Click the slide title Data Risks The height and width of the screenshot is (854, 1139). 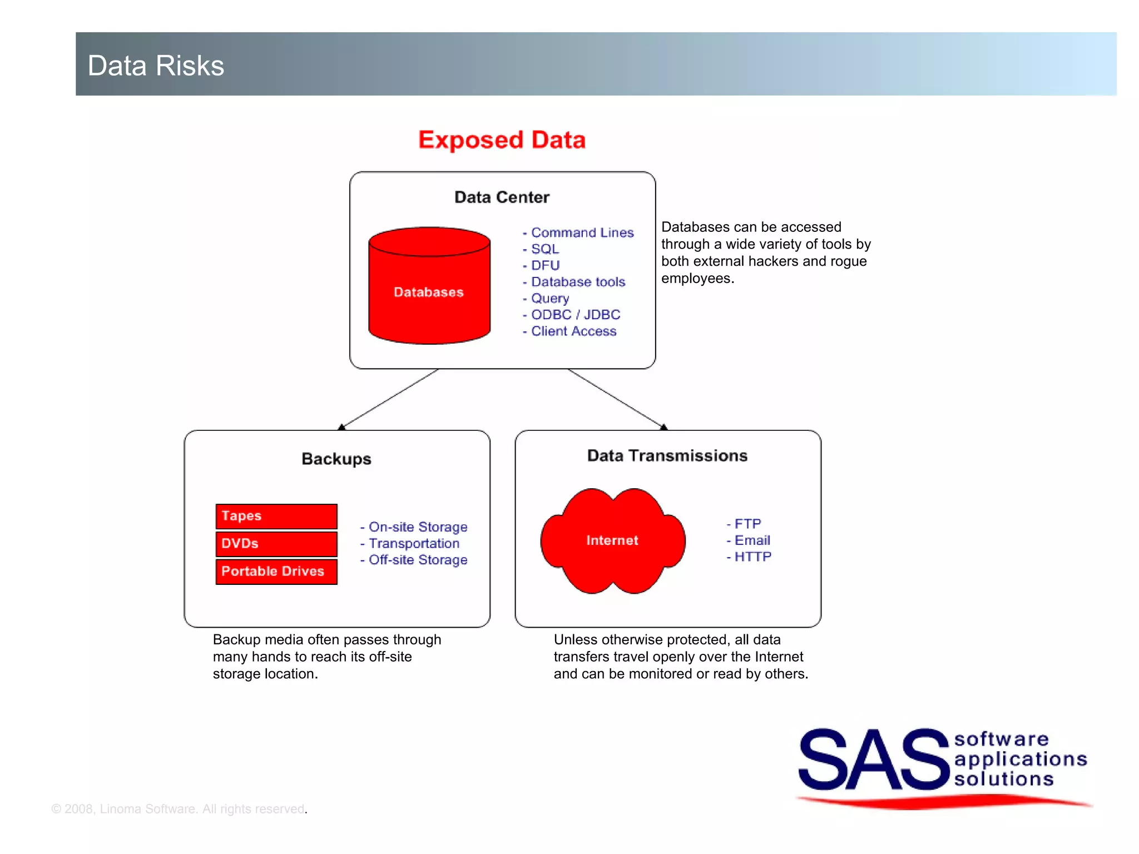156,66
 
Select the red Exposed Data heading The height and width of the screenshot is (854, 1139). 502,140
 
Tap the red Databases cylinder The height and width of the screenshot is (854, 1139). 429,292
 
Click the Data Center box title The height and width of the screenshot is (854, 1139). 502,197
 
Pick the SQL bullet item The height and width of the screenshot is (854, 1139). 544,249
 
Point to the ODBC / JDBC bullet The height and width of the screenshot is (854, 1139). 575,315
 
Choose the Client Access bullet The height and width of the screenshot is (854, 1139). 573,331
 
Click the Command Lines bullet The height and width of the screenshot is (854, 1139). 582,232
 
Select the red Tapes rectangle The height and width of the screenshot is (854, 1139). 276,516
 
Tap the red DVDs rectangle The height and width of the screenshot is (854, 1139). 276,544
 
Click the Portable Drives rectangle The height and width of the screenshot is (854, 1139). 276,572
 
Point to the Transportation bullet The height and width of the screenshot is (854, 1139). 413,543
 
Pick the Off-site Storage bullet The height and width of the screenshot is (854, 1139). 417,560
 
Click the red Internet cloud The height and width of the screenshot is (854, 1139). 612,540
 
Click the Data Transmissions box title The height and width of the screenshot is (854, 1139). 667,455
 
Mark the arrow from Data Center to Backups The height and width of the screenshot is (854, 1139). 389,399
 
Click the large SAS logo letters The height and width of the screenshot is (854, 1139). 873,759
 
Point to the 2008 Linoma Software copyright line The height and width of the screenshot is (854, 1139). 179,809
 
